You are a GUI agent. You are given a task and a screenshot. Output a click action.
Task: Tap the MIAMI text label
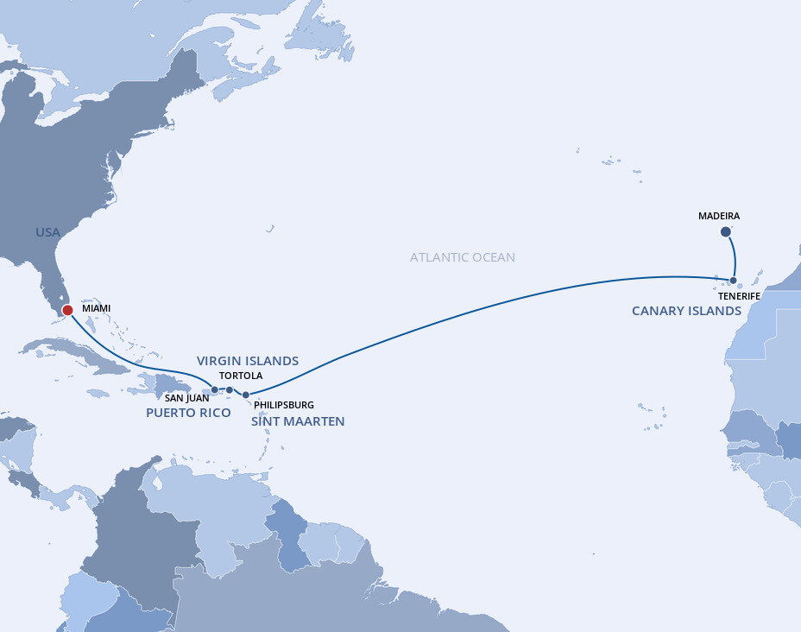click(96, 308)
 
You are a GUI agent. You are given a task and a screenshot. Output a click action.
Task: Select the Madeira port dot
click(725, 231)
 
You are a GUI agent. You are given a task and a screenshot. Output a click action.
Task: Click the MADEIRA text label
click(719, 216)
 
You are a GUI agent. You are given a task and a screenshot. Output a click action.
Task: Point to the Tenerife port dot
click(733, 281)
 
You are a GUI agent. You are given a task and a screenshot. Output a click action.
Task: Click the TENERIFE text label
click(739, 296)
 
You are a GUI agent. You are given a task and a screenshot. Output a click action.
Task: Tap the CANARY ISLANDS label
click(686, 311)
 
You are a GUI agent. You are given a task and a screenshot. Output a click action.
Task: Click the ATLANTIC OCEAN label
click(463, 257)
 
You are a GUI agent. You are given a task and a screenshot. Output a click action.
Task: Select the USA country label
click(47, 232)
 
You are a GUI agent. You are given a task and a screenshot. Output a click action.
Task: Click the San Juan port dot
click(215, 390)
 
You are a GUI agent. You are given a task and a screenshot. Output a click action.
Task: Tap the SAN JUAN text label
click(186, 399)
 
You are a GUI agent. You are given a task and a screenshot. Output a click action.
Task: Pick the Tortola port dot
click(230, 390)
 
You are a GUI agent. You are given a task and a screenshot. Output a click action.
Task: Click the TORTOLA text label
click(241, 376)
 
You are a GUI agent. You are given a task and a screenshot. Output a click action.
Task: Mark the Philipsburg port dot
click(246, 395)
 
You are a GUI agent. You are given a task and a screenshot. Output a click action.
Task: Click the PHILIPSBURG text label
click(284, 404)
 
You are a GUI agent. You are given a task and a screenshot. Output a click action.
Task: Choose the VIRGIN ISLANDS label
click(248, 361)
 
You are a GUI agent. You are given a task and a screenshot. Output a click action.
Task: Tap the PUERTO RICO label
click(188, 413)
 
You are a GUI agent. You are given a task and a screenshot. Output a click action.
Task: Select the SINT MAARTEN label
click(298, 421)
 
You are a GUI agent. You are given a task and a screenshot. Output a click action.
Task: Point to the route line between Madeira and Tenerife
click(735, 256)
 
